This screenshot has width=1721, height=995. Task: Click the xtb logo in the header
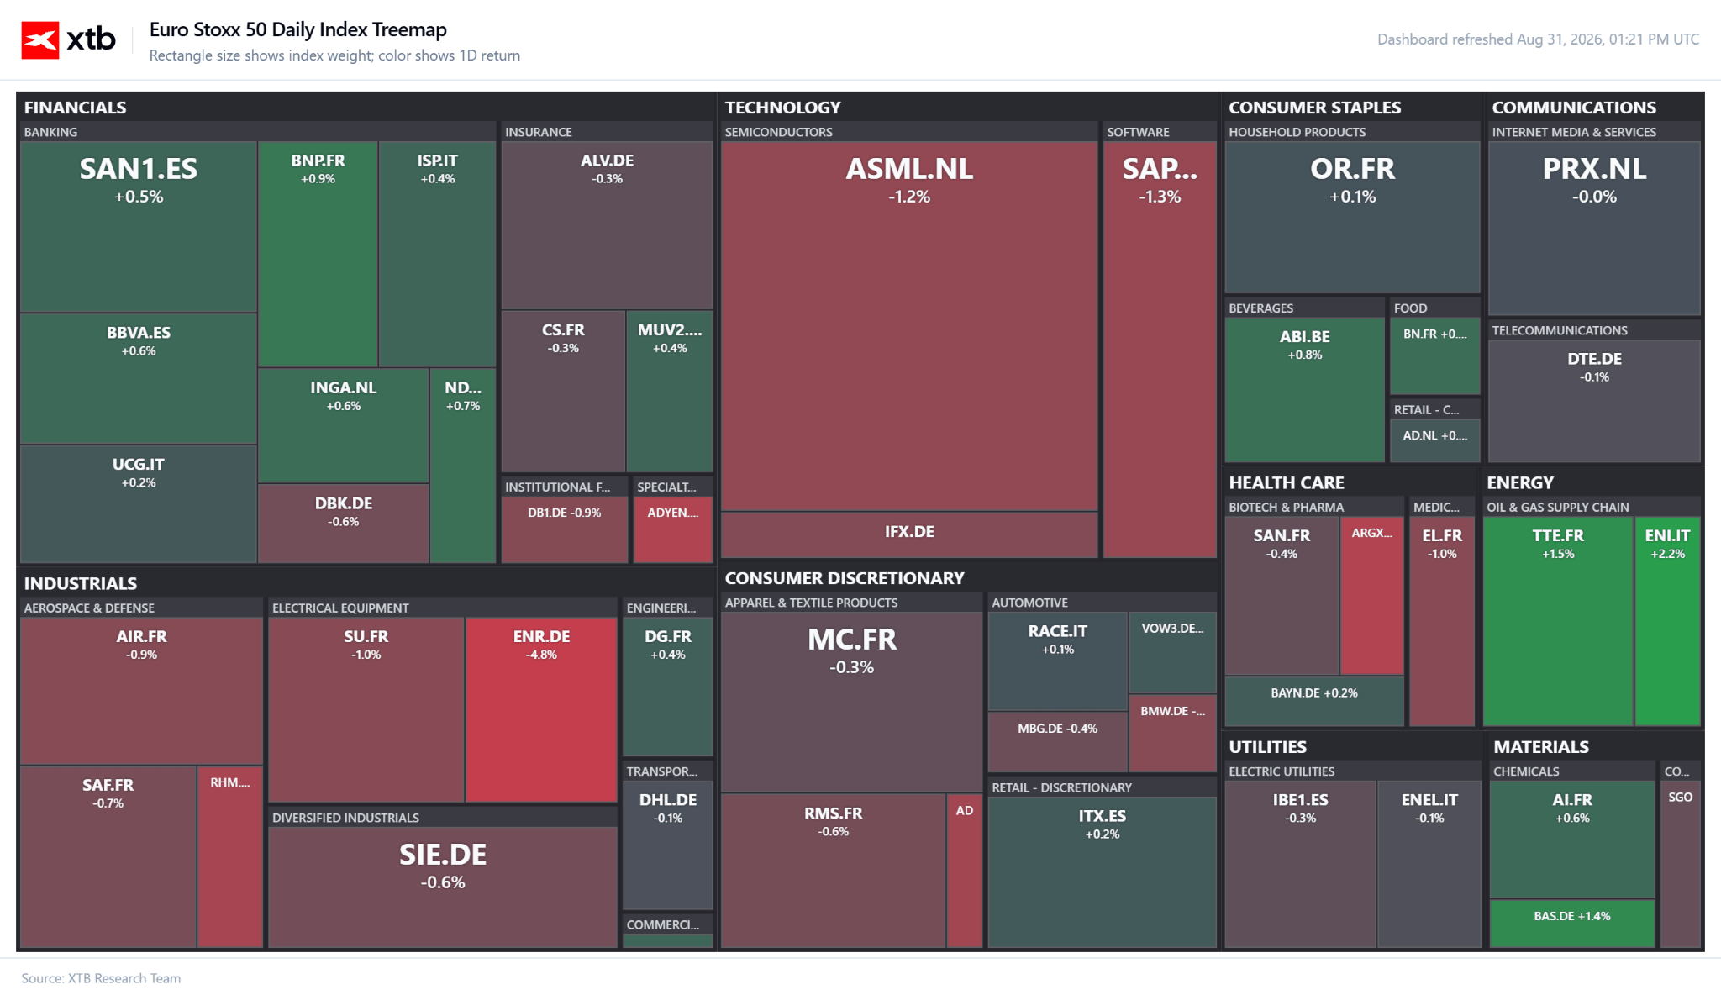click(x=68, y=39)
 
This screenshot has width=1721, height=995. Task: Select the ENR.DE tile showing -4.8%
click(x=541, y=710)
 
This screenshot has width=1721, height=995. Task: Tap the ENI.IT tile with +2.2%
click(x=1667, y=621)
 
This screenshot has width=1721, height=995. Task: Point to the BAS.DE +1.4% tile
click(x=1572, y=924)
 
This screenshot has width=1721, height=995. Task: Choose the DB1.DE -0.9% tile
click(x=565, y=529)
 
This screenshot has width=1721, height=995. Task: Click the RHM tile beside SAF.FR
click(x=230, y=856)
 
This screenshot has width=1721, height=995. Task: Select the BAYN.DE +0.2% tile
click(x=1314, y=701)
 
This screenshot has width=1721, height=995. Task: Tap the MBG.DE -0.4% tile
click(x=1058, y=741)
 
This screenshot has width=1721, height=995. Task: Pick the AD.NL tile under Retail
click(x=1435, y=441)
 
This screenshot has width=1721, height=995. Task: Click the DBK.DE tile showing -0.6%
click(x=344, y=523)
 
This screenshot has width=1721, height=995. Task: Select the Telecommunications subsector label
click(x=1560, y=330)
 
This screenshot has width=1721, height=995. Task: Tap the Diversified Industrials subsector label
click(x=345, y=818)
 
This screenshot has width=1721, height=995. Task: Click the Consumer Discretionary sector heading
click(x=845, y=578)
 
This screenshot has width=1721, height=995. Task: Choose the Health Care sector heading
click(x=1287, y=482)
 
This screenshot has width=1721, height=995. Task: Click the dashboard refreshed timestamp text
click(x=1538, y=39)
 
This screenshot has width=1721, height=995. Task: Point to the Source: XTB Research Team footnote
click(x=101, y=978)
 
